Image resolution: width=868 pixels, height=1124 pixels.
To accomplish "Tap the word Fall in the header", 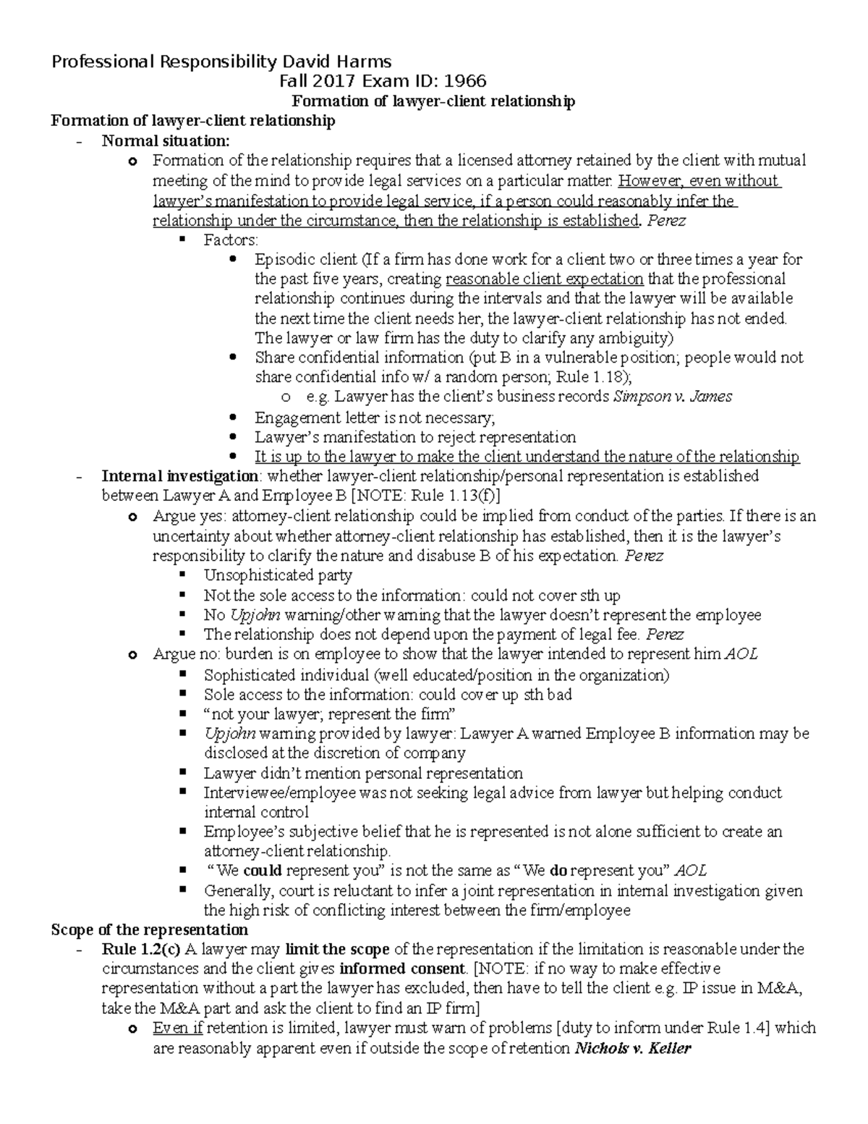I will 294,81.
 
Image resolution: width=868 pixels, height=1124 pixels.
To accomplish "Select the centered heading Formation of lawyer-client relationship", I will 432,101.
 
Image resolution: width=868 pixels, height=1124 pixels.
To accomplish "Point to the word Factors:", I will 231,240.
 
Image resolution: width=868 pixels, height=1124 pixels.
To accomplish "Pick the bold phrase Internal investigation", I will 179,476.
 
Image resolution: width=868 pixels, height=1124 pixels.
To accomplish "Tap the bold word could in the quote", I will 263,871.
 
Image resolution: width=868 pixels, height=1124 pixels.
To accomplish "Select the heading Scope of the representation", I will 150,929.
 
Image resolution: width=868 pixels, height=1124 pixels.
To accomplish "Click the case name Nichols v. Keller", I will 632,1047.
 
